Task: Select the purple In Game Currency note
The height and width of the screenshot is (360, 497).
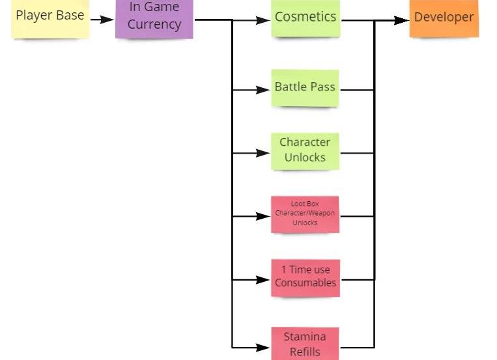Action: (154, 18)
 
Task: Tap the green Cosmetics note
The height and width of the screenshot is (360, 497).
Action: (305, 18)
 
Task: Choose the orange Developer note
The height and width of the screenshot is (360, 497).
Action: (444, 18)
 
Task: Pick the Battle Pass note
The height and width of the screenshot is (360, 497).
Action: (305, 87)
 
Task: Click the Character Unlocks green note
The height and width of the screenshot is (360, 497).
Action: (305, 150)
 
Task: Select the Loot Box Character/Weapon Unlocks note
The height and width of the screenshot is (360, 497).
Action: (305, 214)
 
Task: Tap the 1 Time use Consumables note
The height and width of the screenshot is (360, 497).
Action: (305, 277)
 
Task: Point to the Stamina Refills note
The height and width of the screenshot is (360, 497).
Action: (305, 344)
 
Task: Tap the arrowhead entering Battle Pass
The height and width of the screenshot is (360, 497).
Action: (263, 90)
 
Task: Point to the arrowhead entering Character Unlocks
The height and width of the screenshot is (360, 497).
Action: (263, 153)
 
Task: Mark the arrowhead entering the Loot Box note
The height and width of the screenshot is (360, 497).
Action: (263, 216)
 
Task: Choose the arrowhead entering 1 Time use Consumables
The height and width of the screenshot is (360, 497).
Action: (263, 280)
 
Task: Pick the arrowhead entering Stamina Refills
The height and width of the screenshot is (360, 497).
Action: (263, 347)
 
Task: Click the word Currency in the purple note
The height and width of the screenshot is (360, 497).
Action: (154, 25)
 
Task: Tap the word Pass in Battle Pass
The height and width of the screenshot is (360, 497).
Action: (323, 87)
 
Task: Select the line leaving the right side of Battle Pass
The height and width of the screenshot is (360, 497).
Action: (356, 90)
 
